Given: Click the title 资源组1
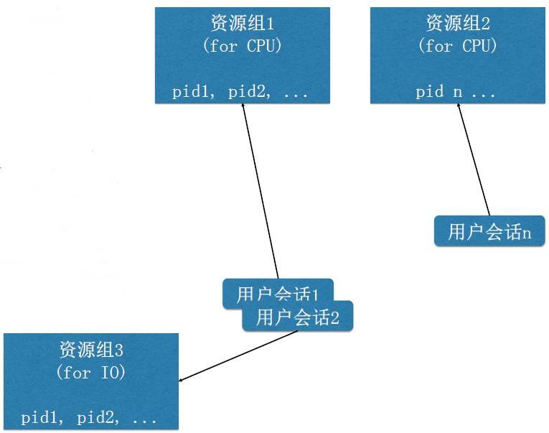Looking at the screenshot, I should point(243,24).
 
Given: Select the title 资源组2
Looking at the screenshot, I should point(457,23).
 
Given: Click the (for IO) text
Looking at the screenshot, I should point(91,373).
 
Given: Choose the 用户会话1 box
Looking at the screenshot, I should point(276,293).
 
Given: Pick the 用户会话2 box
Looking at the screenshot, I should point(298,317).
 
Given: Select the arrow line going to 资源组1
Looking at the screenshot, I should point(260,194).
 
